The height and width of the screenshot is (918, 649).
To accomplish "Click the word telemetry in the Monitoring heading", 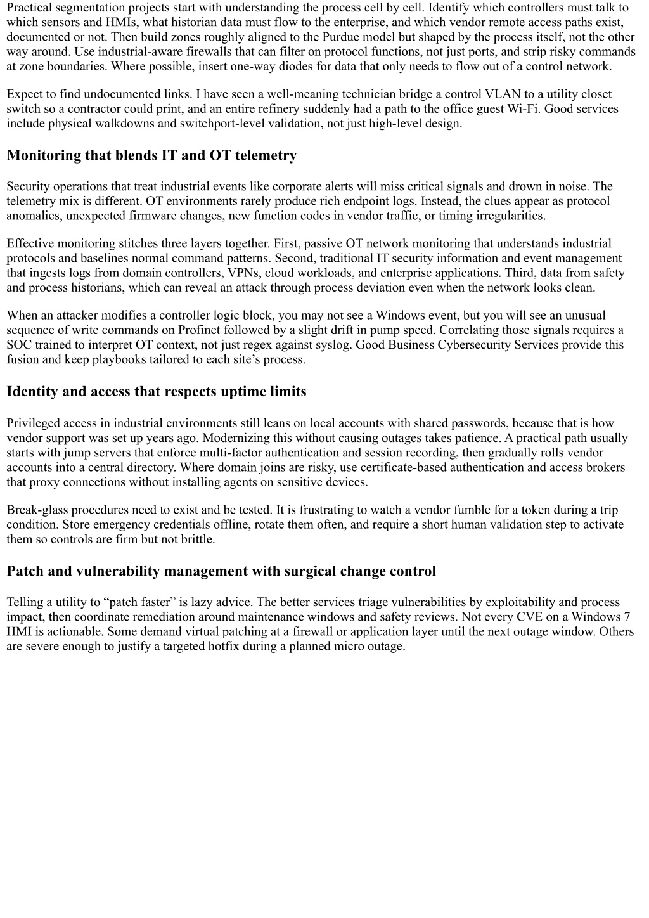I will [x=266, y=155].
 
